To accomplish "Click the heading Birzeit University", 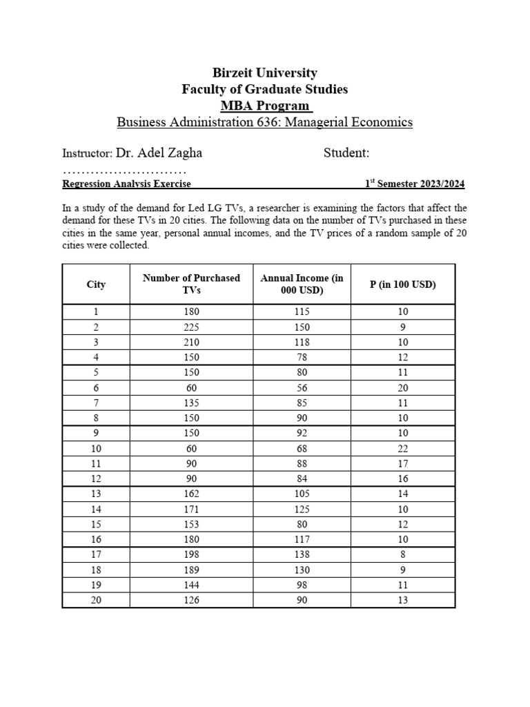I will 264,72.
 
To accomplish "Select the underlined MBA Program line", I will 264,106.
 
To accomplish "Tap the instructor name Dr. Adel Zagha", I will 159,153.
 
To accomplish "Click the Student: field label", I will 346,153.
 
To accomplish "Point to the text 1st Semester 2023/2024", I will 415,184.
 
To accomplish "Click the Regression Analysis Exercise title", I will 126,184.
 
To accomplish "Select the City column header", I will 96,284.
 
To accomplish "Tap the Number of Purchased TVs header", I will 191,284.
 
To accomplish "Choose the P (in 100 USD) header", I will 403,284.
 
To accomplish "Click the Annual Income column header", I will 302,284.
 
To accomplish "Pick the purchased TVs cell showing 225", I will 191,327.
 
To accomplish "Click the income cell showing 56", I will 302,388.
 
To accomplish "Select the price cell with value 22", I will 403,449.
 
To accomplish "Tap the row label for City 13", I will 96,494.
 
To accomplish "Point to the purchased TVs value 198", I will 191,554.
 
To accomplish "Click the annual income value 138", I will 302,554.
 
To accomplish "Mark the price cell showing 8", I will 403,554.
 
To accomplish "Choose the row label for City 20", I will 96,600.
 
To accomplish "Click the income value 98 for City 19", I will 302,585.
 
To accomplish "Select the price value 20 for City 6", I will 403,388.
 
